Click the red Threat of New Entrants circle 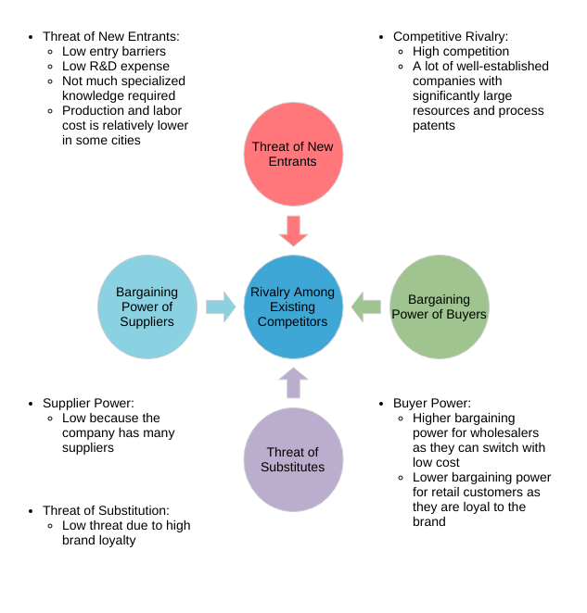pos(293,154)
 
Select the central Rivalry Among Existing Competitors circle pos(293,306)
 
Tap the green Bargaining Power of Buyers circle pos(439,306)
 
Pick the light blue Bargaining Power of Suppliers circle pos(147,306)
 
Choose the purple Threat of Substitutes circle pos(293,459)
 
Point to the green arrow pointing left pos(366,306)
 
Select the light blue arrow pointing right pos(221,306)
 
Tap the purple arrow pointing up pos(293,382)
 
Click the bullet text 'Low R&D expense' pos(116,67)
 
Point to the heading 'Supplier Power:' pos(88,404)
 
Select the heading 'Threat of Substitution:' pos(106,510)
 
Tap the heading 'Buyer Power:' pos(431,404)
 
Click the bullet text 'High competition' pos(461,52)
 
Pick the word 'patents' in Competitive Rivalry pos(434,126)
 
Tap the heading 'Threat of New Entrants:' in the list pos(111,37)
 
